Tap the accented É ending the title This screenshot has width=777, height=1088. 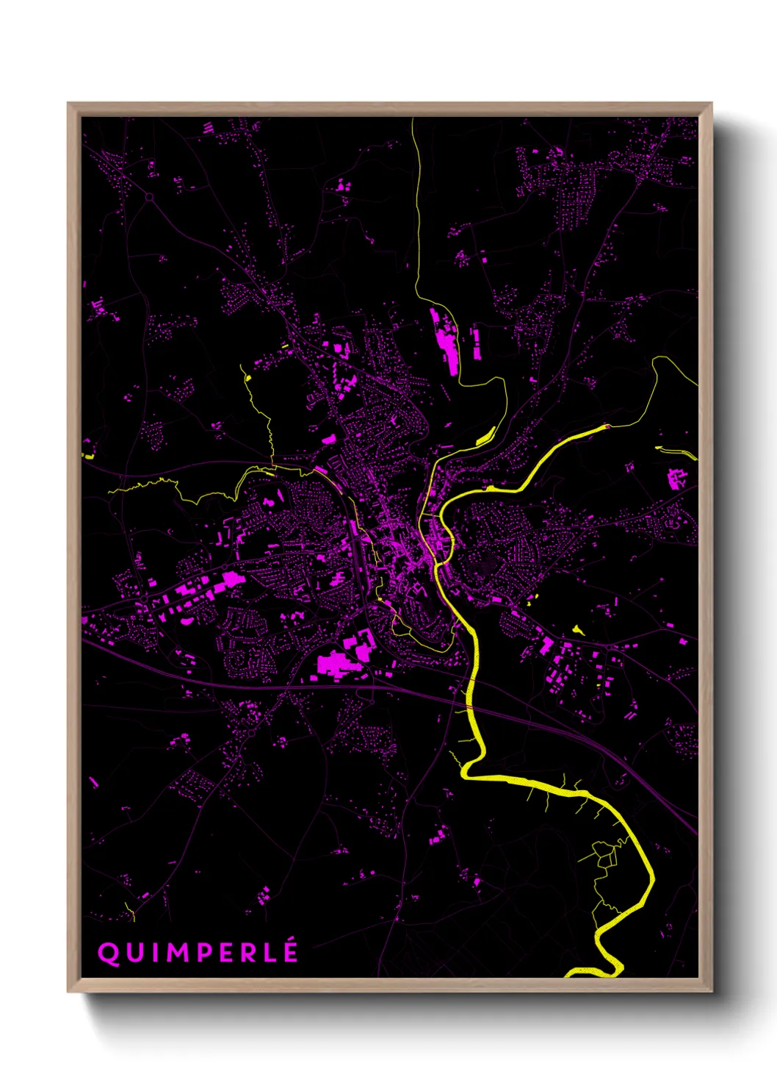coord(292,951)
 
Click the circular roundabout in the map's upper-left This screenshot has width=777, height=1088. coord(149,196)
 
